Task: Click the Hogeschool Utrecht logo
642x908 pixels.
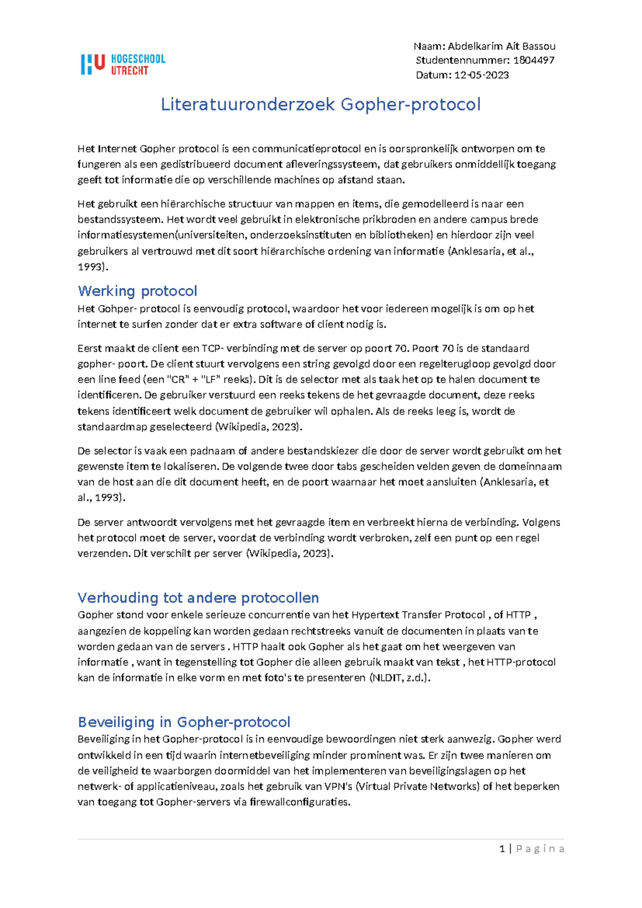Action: click(123, 64)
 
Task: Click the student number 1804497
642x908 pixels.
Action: click(533, 60)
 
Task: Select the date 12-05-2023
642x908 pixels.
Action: click(481, 75)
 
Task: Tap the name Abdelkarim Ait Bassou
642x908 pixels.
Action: click(501, 46)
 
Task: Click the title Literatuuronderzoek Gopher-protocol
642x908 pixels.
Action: click(320, 104)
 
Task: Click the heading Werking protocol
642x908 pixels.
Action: click(137, 291)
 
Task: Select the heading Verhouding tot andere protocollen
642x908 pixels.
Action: click(198, 597)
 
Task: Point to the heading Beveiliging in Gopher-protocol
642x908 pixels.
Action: click(184, 722)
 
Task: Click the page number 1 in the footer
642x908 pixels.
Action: click(502, 849)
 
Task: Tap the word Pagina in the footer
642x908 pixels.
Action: click(540, 849)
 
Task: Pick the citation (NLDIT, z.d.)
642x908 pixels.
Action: click(400, 678)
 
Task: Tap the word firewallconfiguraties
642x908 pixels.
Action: click(300, 802)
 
